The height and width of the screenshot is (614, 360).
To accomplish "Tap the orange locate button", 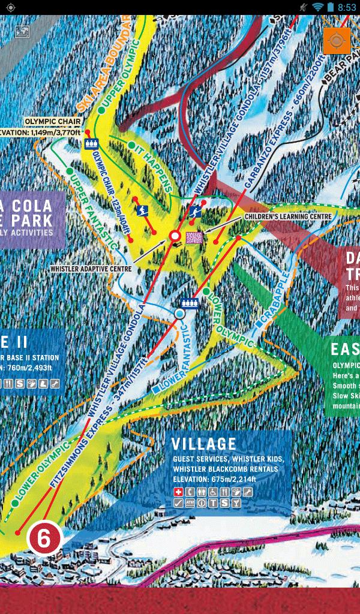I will [x=337, y=41].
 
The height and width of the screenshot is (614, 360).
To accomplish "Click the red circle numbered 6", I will [x=44, y=537].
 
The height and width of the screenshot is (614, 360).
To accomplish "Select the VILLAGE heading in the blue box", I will [x=204, y=444].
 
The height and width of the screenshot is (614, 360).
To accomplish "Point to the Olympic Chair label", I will [x=52, y=121].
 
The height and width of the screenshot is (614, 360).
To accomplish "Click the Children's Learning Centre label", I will [x=288, y=216].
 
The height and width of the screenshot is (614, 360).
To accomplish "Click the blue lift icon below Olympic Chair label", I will [x=92, y=144].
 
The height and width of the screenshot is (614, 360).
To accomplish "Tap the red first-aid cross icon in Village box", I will [x=178, y=492].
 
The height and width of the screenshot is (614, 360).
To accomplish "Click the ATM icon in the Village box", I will [x=190, y=503].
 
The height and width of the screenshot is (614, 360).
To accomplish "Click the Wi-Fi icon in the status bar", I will [x=317, y=7].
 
